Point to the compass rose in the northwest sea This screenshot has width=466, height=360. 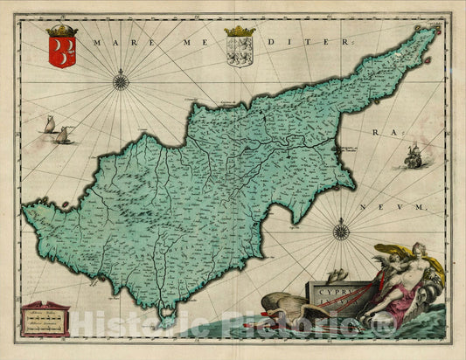coord(121,84)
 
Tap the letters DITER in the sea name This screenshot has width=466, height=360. coord(307,41)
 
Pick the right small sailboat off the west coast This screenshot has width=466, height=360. coord(63,135)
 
